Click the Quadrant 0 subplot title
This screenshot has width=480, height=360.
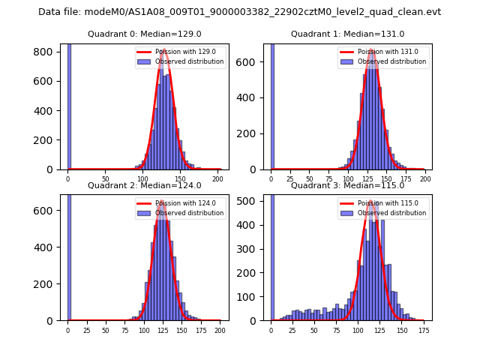(x=145, y=34)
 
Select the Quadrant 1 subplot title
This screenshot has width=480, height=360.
(x=347, y=34)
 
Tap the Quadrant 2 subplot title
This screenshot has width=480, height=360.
(x=145, y=185)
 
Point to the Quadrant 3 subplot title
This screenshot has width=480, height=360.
(x=347, y=185)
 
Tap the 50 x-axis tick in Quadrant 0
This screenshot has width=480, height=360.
(x=105, y=178)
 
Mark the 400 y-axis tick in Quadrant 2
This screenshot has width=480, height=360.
(x=49, y=247)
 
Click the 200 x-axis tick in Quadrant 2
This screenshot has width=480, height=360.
(x=219, y=329)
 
